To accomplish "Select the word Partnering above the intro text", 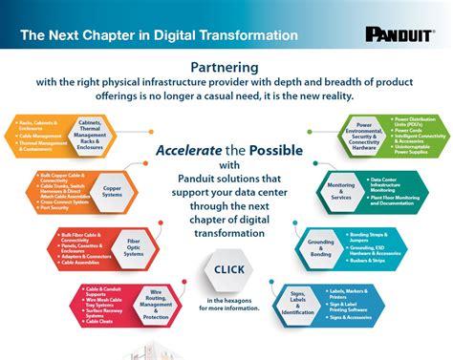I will pyautogui.click(x=226, y=69).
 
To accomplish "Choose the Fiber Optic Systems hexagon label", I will pyautogui.click(x=135, y=247).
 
